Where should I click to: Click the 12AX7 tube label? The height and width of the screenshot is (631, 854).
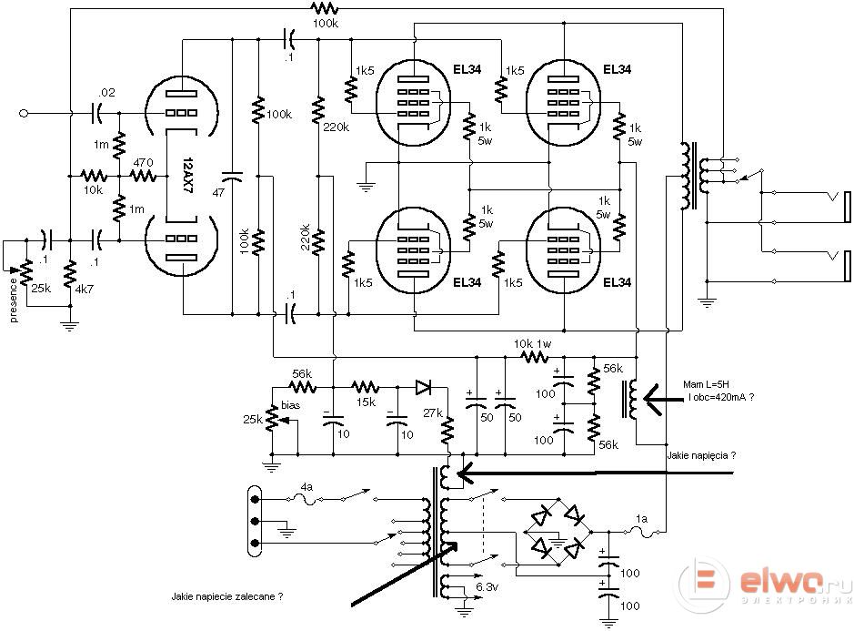pos(187,176)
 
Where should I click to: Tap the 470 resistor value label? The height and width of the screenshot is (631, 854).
pos(143,162)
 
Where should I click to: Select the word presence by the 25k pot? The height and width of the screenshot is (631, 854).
pos(14,300)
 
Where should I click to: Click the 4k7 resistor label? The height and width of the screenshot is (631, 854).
pos(84,289)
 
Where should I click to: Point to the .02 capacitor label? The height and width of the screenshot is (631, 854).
pos(106,92)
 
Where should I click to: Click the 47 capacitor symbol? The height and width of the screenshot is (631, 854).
pos(233,176)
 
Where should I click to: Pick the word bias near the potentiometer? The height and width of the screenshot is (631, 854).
pos(290,405)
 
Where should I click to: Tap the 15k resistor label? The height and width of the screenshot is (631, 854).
pos(366,402)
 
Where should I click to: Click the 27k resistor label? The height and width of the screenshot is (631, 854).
pos(432,412)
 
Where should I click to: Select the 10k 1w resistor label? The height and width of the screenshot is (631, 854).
pos(533,344)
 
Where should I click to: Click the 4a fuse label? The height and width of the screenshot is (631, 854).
pos(306,486)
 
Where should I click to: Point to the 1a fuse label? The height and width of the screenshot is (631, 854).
pos(641,519)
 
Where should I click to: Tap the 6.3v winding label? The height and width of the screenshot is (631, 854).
pos(487,587)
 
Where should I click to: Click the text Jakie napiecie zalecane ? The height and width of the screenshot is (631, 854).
pos(227,596)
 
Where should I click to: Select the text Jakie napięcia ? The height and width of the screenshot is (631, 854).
pos(701,455)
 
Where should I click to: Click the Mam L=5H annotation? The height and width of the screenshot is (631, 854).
pos(706,384)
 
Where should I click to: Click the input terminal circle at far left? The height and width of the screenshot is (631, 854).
pos(24,114)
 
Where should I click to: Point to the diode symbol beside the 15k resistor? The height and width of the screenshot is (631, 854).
pos(423,388)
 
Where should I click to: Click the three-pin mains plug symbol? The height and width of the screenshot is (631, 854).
pos(254,522)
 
